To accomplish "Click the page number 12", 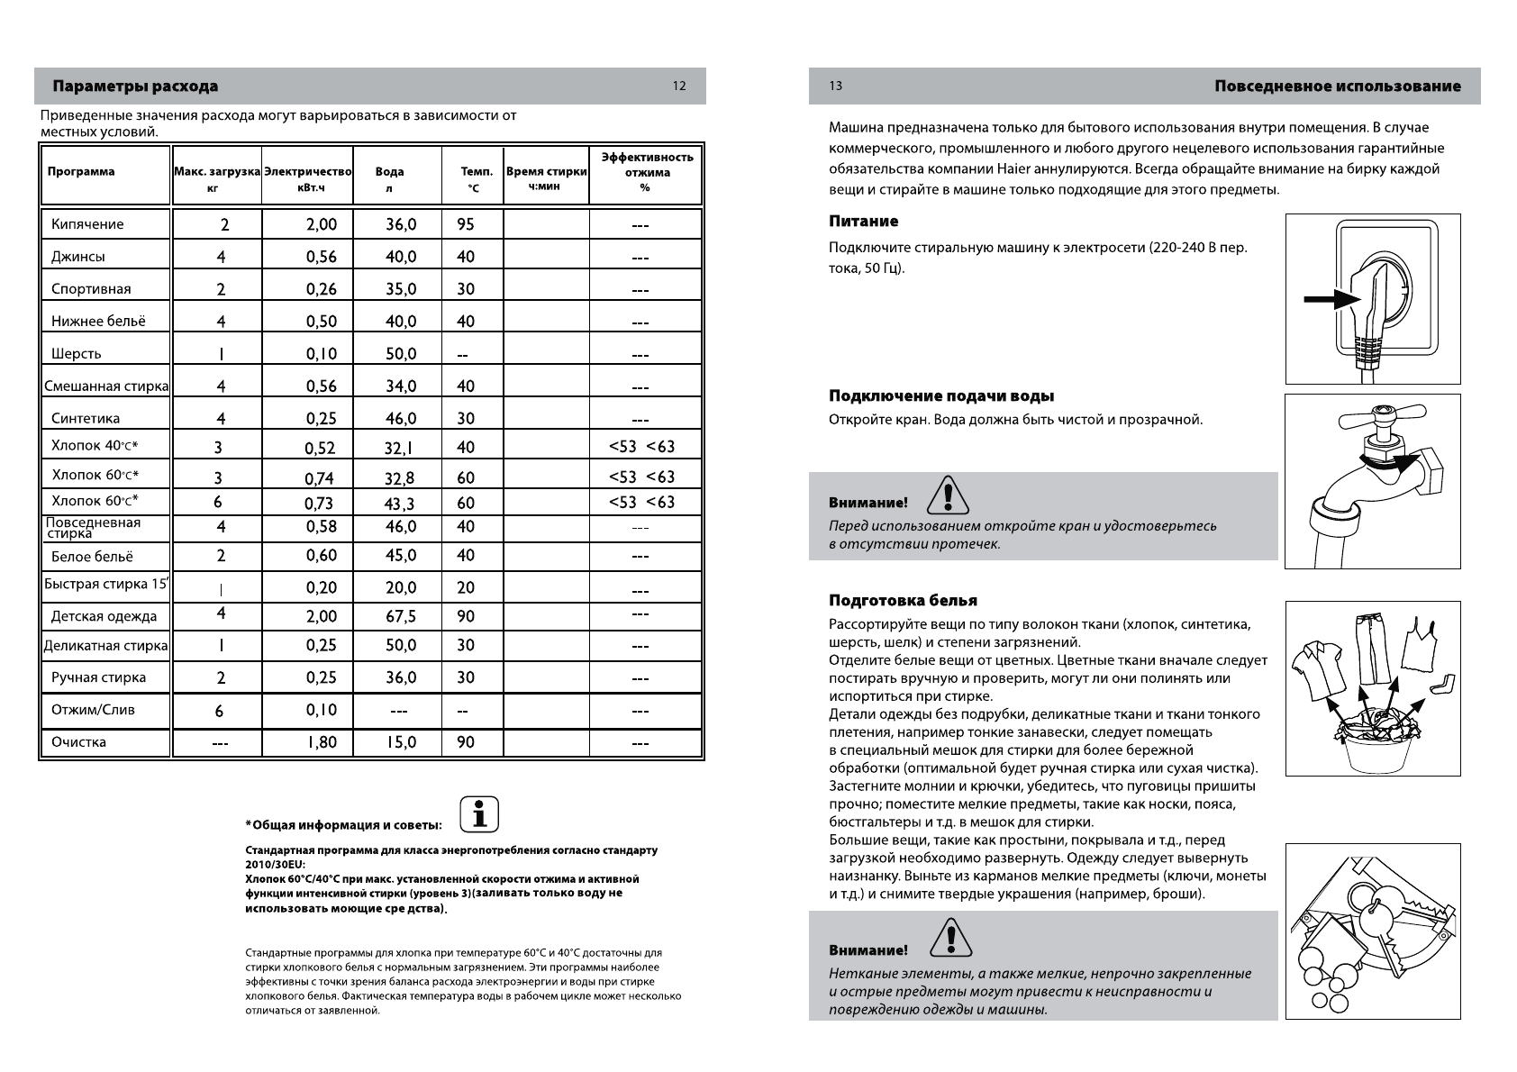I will (679, 86).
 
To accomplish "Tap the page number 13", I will (836, 86).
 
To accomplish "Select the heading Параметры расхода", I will (135, 86).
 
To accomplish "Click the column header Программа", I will (81, 171).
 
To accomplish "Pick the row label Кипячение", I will (87, 224).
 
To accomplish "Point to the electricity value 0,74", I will (319, 478).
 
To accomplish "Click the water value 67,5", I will (400, 616).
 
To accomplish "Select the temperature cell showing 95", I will (465, 224).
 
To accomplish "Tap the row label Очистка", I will (78, 742).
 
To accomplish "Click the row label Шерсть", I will (77, 354).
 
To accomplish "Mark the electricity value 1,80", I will (321, 743).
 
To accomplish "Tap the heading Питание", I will (863, 222).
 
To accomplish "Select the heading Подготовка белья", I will (903, 601).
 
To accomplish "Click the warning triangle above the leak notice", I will (948, 495).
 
